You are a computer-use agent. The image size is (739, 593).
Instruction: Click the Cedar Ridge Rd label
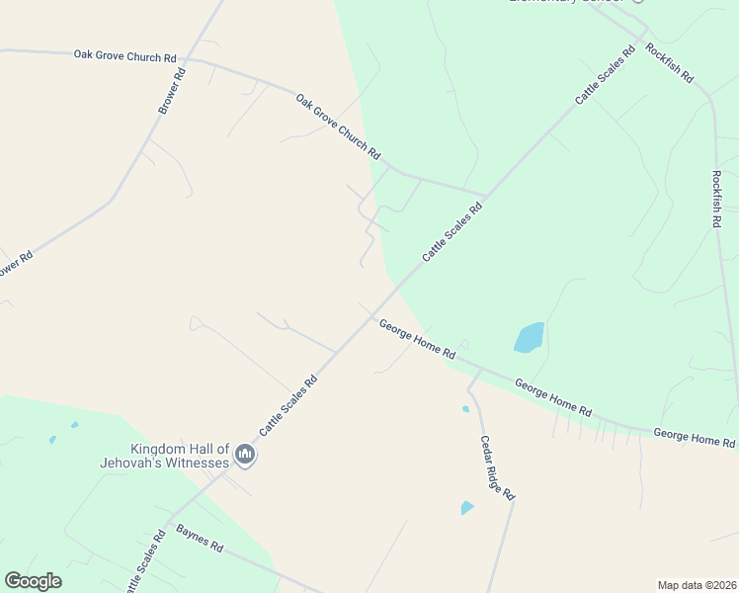pos(498,466)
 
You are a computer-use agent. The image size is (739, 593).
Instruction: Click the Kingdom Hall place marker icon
pos(245,456)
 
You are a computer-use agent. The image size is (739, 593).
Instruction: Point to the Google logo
pos(33,581)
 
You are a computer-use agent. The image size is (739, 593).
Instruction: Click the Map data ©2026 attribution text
pos(697,584)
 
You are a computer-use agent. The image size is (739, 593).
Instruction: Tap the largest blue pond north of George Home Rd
pos(529,337)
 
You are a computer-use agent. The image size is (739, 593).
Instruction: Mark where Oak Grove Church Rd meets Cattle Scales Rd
pos(486,195)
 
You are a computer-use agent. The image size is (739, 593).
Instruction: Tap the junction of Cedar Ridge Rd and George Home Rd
pos(480,369)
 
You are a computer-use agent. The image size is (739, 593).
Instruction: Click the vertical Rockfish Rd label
pos(716,199)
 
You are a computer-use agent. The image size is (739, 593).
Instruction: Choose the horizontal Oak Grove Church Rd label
pos(123,55)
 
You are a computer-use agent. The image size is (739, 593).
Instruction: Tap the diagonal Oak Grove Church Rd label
pos(338,127)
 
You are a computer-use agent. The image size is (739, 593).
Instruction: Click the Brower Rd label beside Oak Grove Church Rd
pos(172,92)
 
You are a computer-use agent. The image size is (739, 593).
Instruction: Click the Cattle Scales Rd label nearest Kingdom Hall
pos(287,405)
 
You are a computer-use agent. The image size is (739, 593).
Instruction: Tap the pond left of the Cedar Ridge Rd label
pos(466,508)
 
